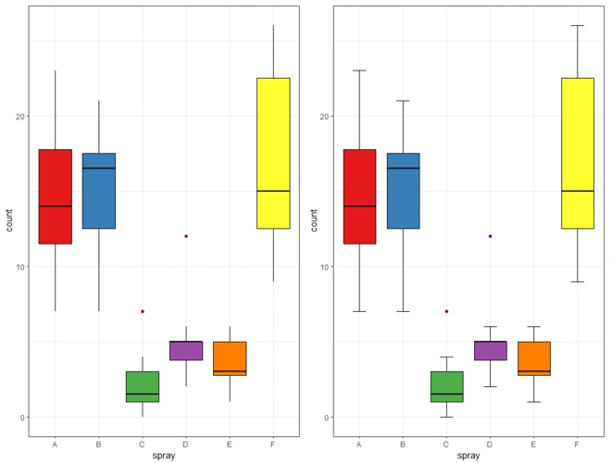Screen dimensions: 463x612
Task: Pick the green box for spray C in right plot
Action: pos(446,386)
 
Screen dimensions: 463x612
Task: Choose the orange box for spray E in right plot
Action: pos(533,357)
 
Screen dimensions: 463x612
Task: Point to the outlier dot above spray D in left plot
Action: pos(186,236)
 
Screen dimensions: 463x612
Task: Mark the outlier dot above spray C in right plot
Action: pos(446,311)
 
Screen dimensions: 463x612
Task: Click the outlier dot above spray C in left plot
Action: pos(143,311)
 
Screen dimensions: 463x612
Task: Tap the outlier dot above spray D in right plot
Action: pos(490,236)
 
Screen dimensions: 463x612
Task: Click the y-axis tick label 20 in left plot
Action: pos(19,117)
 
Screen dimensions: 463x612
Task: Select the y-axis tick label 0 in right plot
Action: pos(327,418)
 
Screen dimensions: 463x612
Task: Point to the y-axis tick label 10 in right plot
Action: pos(324,267)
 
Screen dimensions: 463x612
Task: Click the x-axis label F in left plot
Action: pos(273,444)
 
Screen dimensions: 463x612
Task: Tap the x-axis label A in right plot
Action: pos(359,444)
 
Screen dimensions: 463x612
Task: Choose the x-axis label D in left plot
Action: pos(186,444)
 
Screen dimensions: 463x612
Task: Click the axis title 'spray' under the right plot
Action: pos(468,456)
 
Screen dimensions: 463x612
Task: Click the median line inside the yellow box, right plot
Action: pos(577,191)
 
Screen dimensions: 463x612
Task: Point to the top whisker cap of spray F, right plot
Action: pos(577,26)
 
